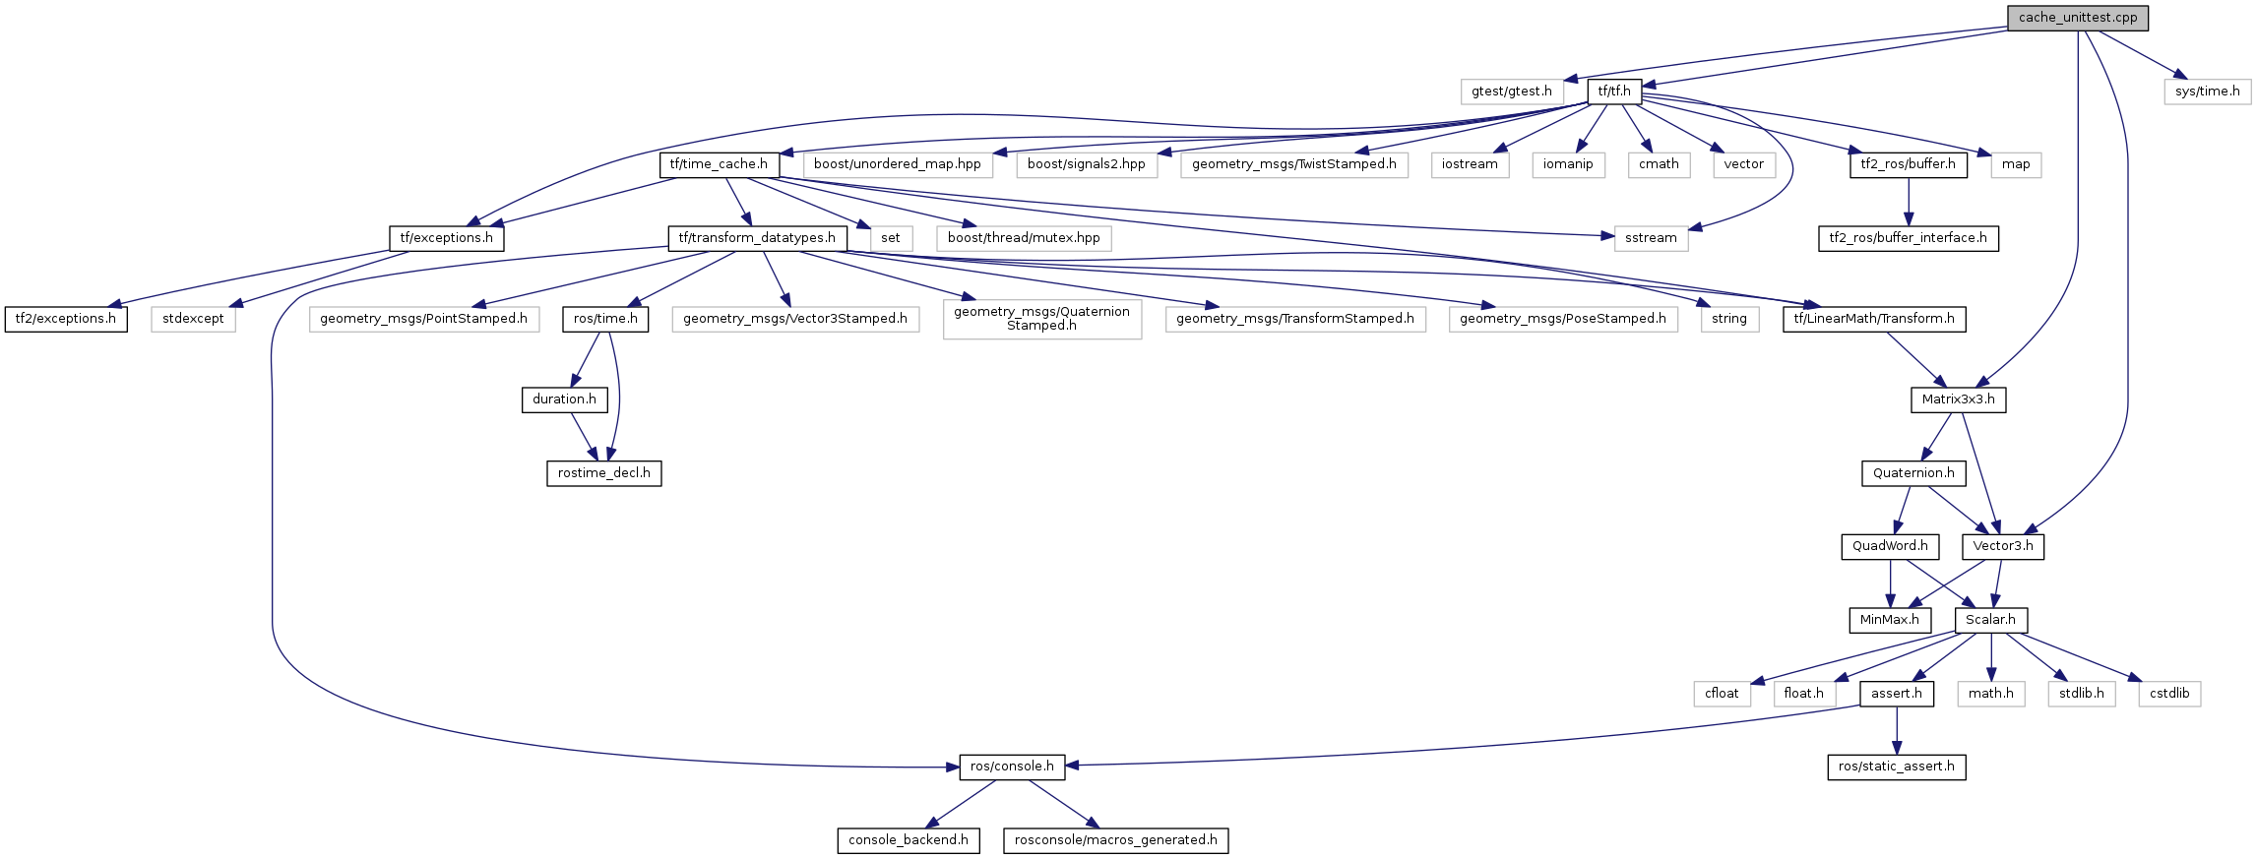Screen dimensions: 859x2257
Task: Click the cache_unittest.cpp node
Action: [x=2077, y=18]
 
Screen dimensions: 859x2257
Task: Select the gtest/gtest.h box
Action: [x=1511, y=92]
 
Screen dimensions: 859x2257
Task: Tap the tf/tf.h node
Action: [x=1614, y=92]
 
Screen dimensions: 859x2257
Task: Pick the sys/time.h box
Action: [x=2207, y=92]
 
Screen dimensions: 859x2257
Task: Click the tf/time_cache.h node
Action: [x=719, y=164]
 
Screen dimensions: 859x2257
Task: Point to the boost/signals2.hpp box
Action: [x=1086, y=164]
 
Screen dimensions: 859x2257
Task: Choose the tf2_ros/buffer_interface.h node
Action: [x=1908, y=238]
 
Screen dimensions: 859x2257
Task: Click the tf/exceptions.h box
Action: [x=446, y=238]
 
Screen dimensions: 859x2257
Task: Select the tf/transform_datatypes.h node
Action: [x=757, y=238]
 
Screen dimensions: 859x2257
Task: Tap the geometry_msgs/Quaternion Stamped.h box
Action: [x=1041, y=319]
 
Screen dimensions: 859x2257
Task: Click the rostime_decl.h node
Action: [x=603, y=473]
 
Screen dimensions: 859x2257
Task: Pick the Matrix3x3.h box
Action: [x=1958, y=399]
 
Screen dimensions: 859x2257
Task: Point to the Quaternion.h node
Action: [x=1913, y=473]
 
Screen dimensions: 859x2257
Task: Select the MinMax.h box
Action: [x=1889, y=620]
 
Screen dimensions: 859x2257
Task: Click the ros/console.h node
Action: [x=1012, y=767]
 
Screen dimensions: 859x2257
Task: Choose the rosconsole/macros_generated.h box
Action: [x=1115, y=840]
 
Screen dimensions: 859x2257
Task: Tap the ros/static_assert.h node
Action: [x=1896, y=767]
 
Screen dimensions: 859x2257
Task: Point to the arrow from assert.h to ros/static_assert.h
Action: [x=1896, y=730]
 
